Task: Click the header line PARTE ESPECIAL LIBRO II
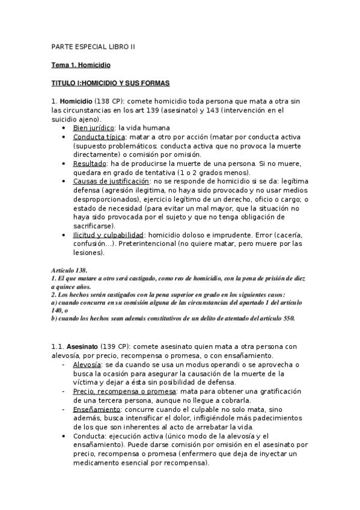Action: pyautogui.click(x=93, y=46)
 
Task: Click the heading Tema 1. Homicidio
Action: pyautogui.click(x=81, y=64)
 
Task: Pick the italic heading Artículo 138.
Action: pyautogui.click(x=70, y=271)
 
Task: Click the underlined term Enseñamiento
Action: pyautogui.click(x=96, y=409)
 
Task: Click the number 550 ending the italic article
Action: pyautogui.click(x=288, y=318)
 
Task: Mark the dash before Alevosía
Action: pyautogui.click(x=64, y=364)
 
